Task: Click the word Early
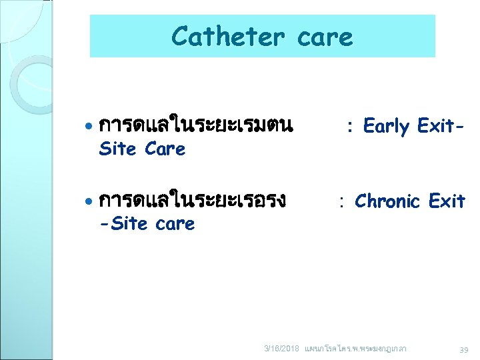[x=386, y=126]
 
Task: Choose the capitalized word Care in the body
[x=164, y=149]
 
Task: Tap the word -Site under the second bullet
[x=123, y=223]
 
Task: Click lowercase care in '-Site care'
[x=175, y=224]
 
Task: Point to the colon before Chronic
[x=341, y=202]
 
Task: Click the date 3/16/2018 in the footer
[x=282, y=349]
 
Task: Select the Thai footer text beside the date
[x=355, y=349]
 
